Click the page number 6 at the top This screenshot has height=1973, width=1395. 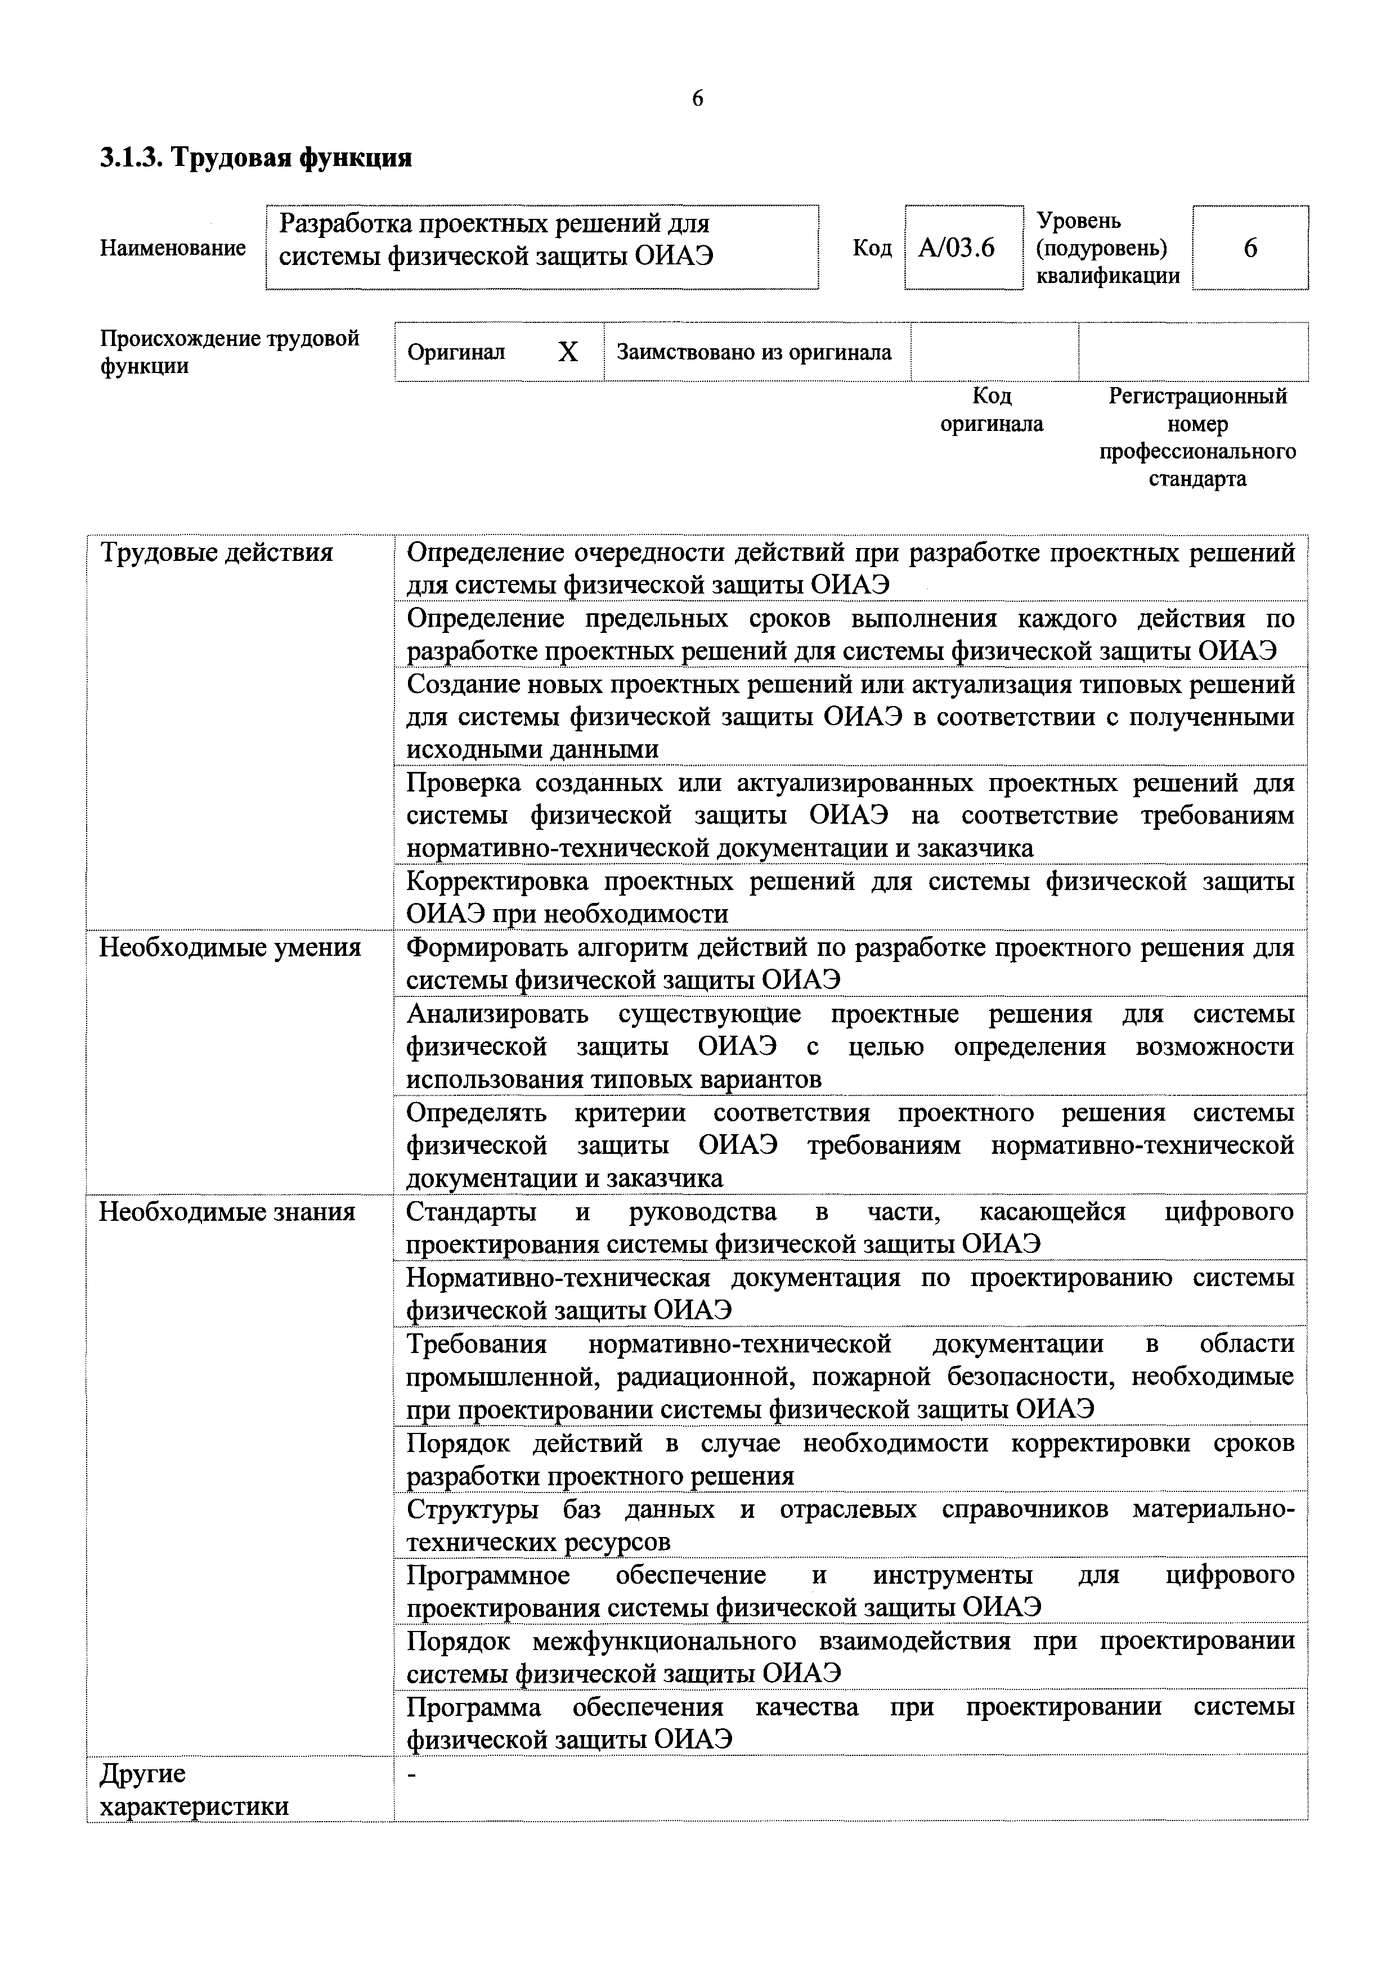click(x=697, y=99)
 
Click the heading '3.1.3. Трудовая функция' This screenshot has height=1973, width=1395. click(x=256, y=158)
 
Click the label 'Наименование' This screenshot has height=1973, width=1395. click(x=173, y=248)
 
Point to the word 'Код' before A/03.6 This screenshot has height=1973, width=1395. click(x=872, y=248)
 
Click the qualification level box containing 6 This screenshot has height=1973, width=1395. click(x=1250, y=248)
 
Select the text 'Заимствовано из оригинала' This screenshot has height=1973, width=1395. click(x=754, y=352)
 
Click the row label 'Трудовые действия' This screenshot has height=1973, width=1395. click(x=217, y=552)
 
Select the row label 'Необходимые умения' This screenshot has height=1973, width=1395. click(x=230, y=948)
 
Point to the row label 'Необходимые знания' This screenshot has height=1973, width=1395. click(x=227, y=1212)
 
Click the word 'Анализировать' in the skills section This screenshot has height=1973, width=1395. click(x=497, y=1015)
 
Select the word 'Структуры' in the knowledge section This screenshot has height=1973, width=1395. click(x=472, y=1510)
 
